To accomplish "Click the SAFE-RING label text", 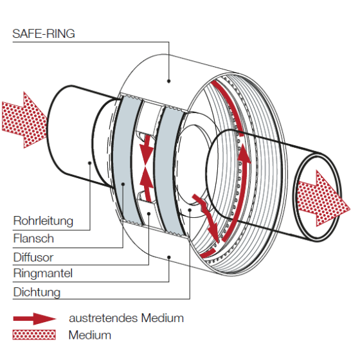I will pyautogui.click(x=44, y=34).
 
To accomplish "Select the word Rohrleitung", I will pyautogui.click(x=43, y=221).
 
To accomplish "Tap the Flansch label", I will pyautogui.click(x=33, y=239).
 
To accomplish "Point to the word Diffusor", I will pyautogui.click(x=34, y=256).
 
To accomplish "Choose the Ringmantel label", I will pyautogui.click(x=43, y=274).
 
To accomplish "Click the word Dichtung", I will pyautogui.click(x=37, y=292).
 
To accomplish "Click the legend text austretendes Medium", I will pyautogui.click(x=126, y=318).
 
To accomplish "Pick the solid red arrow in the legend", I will pyautogui.click(x=35, y=318).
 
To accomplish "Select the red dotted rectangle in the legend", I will pyautogui.click(x=35, y=335).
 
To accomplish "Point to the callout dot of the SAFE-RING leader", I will pyautogui.click(x=168, y=81).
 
